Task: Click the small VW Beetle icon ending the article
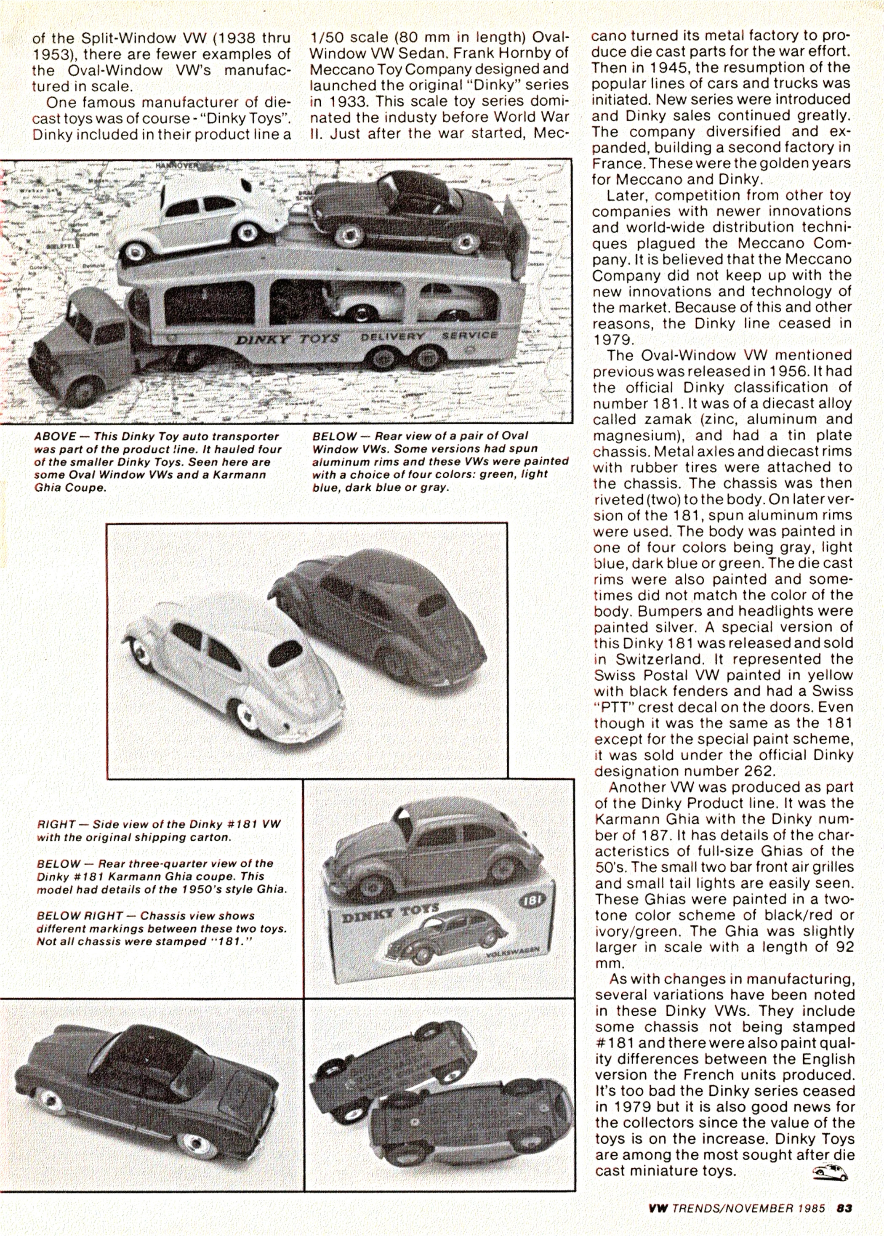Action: (829, 1171)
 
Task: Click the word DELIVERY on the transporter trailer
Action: (392, 336)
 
